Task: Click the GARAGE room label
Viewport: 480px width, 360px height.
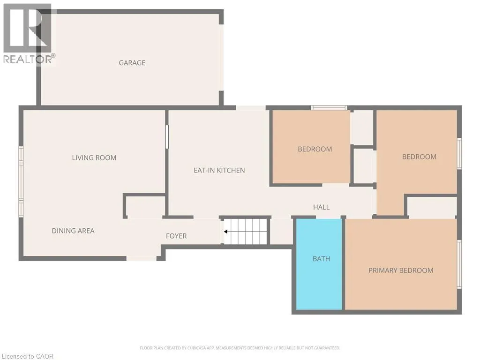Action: pyautogui.click(x=132, y=63)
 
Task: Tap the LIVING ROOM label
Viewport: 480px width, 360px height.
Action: pyautogui.click(x=94, y=158)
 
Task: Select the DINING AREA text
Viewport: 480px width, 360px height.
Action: pyautogui.click(x=73, y=231)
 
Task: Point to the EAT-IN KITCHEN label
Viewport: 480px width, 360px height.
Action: pyautogui.click(x=219, y=170)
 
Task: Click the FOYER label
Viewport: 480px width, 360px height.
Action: pyautogui.click(x=176, y=236)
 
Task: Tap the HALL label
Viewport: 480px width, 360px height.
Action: pyautogui.click(x=322, y=207)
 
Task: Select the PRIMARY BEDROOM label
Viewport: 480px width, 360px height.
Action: pyautogui.click(x=401, y=270)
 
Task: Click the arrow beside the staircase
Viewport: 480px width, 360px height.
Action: pyautogui.click(x=226, y=232)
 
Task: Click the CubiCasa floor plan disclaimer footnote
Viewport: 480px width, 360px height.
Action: pyautogui.click(x=240, y=348)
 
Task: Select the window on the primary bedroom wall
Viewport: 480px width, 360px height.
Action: pyautogui.click(x=459, y=263)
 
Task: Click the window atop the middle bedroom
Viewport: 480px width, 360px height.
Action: pyautogui.click(x=329, y=108)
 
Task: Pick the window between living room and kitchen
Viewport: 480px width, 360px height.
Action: pyautogui.click(x=166, y=137)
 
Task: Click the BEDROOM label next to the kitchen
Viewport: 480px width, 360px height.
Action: pyautogui.click(x=315, y=149)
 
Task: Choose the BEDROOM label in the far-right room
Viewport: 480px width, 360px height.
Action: pyautogui.click(x=419, y=157)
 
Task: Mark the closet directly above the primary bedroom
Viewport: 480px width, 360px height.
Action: pyautogui.click(x=431, y=207)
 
